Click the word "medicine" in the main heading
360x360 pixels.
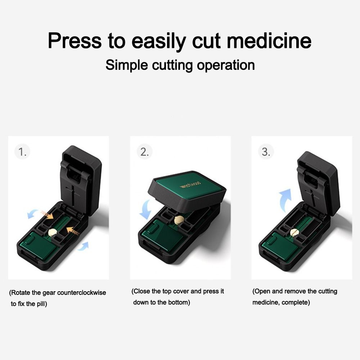(269, 41)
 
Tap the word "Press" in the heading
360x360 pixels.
(75, 41)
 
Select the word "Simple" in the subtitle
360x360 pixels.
(127, 65)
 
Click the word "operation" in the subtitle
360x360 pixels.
(226, 66)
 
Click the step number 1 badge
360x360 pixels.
(22, 152)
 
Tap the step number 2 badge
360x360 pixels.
(144, 152)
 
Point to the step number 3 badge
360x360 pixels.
(266, 152)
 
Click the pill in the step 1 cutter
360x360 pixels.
(52, 233)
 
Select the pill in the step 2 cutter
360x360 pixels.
(179, 220)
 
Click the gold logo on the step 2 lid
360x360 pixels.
(190, 185)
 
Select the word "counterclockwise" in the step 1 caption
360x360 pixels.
(81, 293)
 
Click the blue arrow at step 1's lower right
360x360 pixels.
(83, 246)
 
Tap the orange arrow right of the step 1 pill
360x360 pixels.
(73, 231)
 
